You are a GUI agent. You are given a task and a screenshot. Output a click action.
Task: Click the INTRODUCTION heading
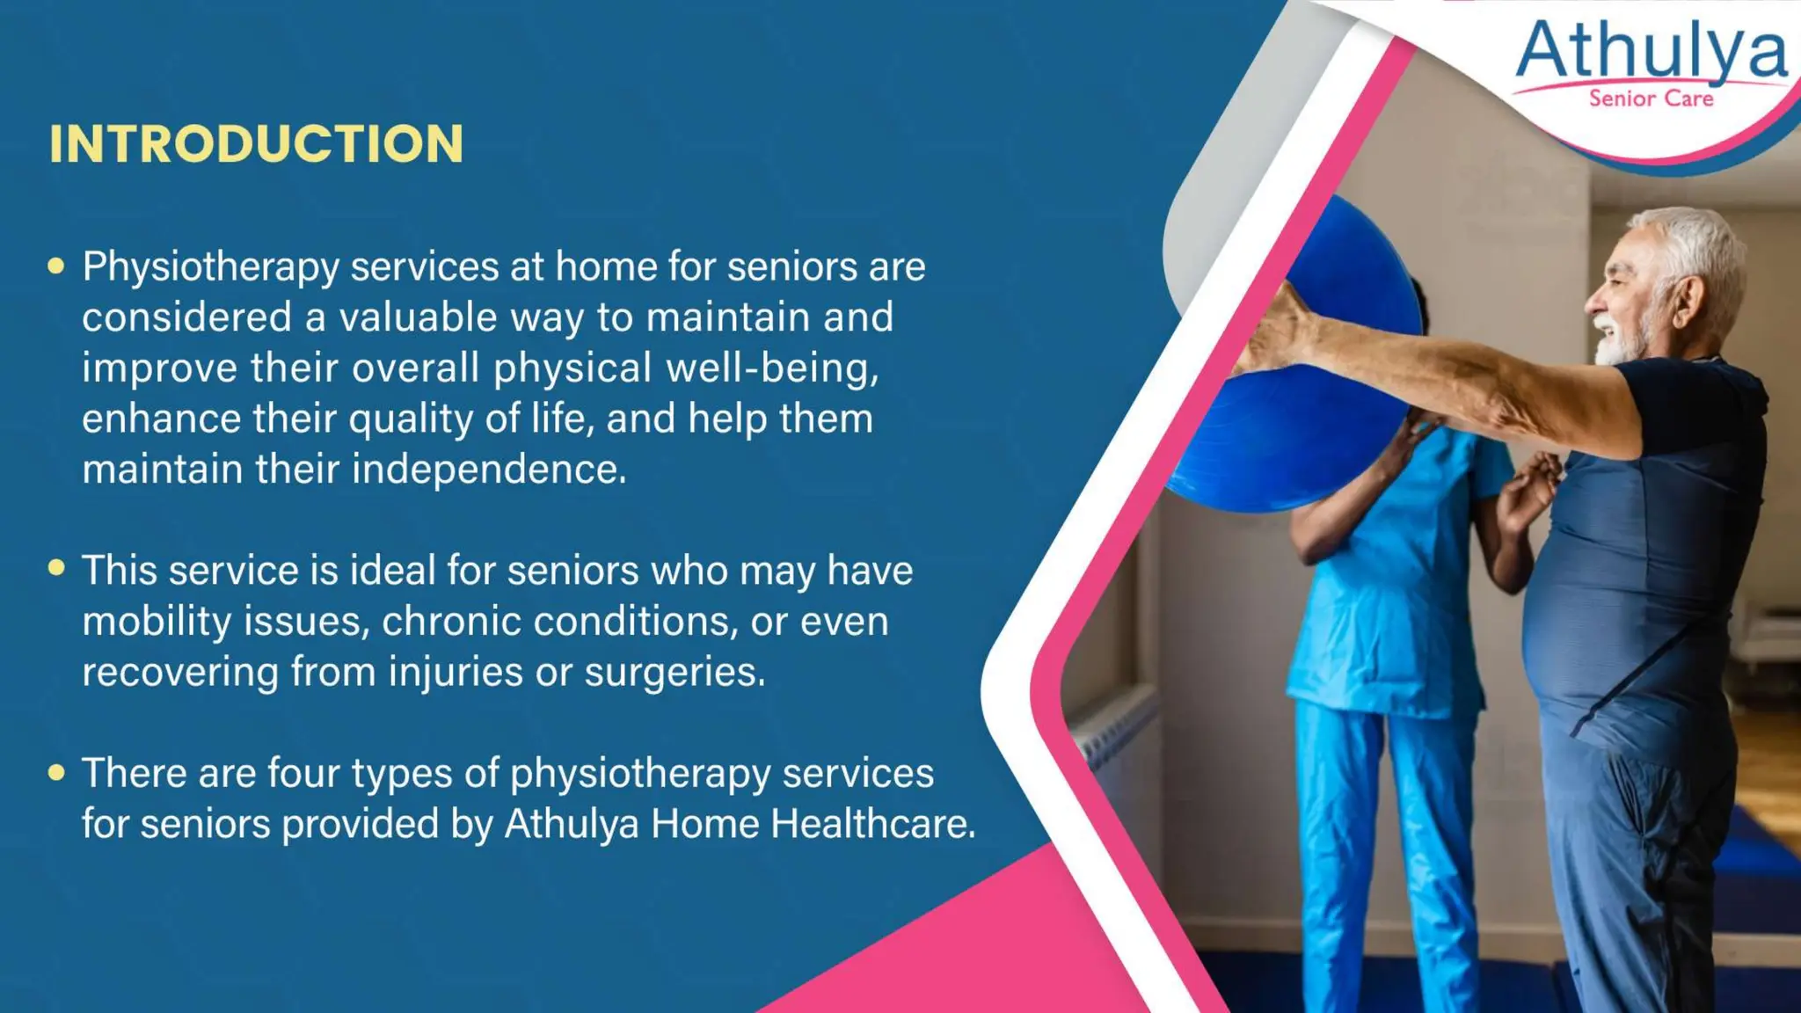(256, 143)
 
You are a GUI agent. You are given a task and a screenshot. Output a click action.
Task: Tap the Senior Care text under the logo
(1651, 98)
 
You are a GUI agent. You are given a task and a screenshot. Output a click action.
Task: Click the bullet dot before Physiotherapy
(56, 266)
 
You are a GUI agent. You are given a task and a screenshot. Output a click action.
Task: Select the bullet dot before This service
(56, 568)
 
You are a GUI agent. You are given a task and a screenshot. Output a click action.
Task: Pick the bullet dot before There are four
(56, 772)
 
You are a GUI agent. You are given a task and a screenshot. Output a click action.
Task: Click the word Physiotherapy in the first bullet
(210, 267)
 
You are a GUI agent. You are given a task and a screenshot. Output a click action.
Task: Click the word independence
(489, 470)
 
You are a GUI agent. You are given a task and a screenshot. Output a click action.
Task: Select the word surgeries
(674, 673)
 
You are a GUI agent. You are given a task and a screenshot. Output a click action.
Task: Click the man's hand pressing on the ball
(1275, 330)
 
